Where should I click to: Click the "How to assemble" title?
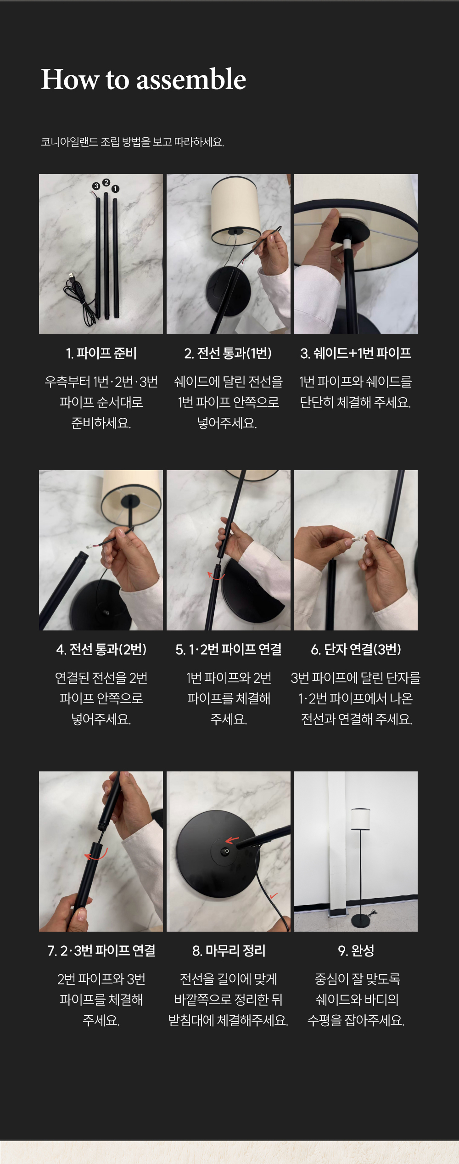point(144,79)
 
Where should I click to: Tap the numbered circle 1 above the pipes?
point(115,189)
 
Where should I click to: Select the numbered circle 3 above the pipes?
point(96,186)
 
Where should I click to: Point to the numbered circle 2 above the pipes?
point(106,182)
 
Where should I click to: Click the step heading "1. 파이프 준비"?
point(101,353)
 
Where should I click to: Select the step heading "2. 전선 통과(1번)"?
point(228,353)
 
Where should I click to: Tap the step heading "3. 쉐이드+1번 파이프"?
point(356,353)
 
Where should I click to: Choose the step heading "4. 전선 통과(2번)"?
point(101,649)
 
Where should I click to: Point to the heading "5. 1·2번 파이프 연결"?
point(228,649)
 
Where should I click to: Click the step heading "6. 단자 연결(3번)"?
point(356,649)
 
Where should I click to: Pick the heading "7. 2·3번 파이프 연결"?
point(101,950)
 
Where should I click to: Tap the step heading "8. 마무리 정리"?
point(229,950)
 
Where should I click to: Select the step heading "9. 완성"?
point(356,950)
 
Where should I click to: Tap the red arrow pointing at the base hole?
point(232,840)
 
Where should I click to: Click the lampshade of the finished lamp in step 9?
point(360,819)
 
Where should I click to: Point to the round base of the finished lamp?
point(361,920)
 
